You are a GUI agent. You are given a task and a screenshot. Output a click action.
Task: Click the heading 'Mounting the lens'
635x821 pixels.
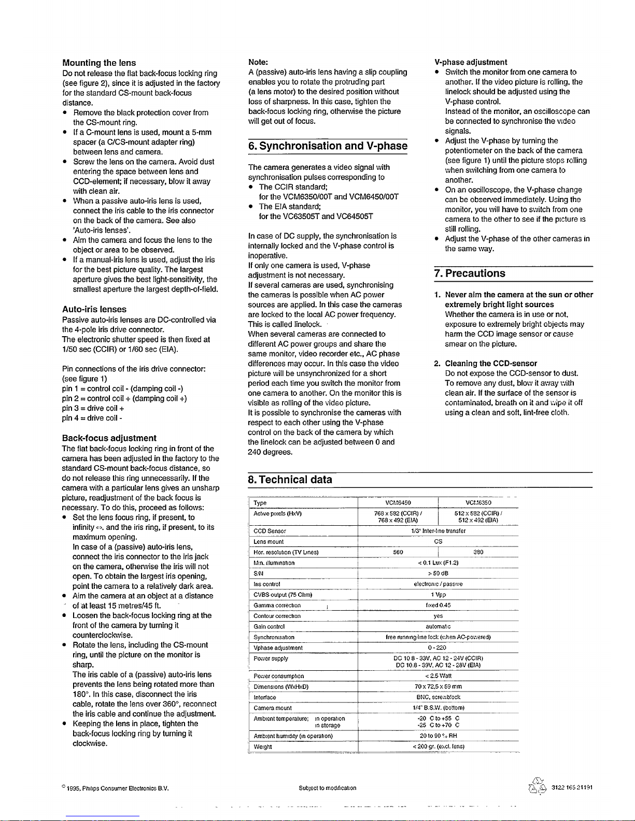click(99, 63)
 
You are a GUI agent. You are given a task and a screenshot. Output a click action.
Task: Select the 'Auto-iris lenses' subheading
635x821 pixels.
click(94, 309)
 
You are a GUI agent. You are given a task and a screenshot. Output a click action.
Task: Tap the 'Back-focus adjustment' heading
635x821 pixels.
click(109, 438)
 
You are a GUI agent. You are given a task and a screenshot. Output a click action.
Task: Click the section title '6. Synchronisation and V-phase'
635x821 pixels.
click(328, 146)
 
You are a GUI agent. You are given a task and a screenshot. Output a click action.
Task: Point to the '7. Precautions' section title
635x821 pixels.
click(470, 273)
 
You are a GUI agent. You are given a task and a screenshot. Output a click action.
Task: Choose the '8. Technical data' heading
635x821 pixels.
click(290, 480)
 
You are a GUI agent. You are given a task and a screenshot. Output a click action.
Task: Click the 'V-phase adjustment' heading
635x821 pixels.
click(471, 62)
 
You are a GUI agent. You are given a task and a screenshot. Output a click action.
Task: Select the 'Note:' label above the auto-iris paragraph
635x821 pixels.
click(258, 62)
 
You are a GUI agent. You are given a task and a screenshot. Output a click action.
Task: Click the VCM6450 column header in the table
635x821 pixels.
click(398, 503)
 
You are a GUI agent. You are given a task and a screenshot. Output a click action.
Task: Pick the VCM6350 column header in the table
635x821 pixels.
click(478, 503)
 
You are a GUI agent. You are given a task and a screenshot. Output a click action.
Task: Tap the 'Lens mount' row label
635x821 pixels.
click(269, 542)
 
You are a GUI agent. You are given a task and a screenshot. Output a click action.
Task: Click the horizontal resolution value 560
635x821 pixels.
click(398, 552)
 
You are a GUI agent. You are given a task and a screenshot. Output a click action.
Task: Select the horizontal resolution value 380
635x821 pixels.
click(478, 552)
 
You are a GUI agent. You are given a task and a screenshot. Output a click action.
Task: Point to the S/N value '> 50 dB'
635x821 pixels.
click(438, 573)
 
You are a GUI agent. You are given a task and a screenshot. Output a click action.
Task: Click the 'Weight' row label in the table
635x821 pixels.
click(263, 747)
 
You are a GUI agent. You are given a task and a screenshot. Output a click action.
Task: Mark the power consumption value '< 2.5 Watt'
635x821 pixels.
click(438, 676)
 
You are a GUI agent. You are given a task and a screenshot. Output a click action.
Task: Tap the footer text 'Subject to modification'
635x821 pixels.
click(327, 788)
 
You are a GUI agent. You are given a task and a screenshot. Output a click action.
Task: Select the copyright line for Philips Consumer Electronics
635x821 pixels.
click(116, 789)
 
